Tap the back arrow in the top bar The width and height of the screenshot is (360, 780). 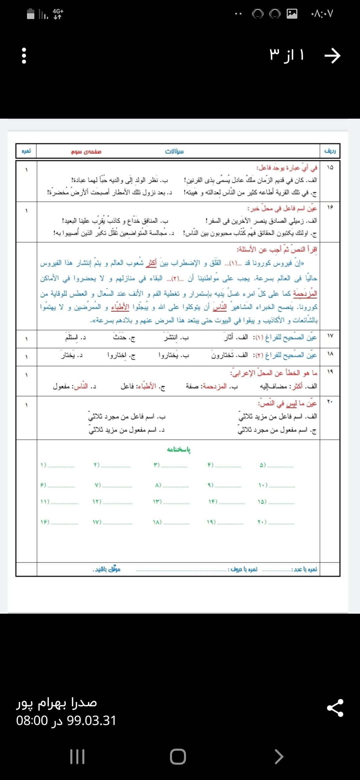click(x=332, y=56)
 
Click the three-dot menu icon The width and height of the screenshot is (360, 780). click(x=24, y=56)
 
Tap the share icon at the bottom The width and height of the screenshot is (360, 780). click(x=335, y=708)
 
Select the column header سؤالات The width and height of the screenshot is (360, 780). click(x=174, y=152)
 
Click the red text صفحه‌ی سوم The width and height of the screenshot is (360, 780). click(x=86, y=152)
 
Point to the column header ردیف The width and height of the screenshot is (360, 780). click(x=330, y=151)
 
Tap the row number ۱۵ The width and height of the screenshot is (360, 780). click(x=330, y=167)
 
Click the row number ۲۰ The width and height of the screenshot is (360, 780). click(x=330, y=402)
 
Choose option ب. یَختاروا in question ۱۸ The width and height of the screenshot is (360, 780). click(x=174, y=356)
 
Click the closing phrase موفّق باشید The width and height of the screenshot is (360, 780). click(x=106, y=569)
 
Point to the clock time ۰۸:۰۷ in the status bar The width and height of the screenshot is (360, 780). click(x=322, y=14)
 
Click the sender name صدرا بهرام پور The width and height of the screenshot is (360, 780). click(x=57, y=702)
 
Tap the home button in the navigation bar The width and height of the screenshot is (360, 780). click(x=178, y=756)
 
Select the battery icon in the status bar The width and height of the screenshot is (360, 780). click(x=31, y=14)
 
